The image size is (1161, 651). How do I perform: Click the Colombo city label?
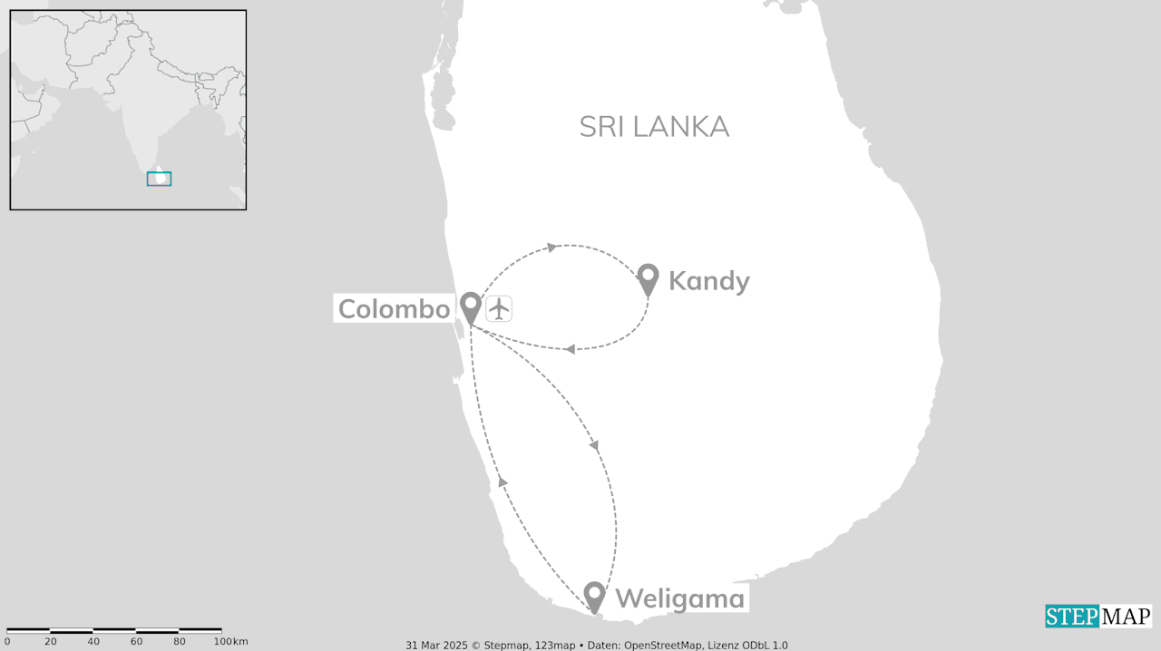(394, 309)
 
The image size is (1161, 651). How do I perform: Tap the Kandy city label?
(708, 281)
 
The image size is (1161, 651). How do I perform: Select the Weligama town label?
(679, 598)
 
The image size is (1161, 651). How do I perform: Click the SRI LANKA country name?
(654, 127)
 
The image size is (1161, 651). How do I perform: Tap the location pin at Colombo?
(470, 306)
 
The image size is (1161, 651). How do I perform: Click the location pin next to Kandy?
(648, 278)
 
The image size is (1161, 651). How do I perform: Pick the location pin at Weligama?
(594, 596)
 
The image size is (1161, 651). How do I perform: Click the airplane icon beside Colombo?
(499, 309)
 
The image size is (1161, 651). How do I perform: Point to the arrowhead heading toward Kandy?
(550, 247)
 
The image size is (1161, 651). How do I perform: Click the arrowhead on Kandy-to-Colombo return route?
(569, 349)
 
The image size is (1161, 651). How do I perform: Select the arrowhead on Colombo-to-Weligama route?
(594, 445)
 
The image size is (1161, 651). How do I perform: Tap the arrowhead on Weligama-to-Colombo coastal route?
(502, 481)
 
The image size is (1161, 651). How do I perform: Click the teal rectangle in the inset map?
(159, 179)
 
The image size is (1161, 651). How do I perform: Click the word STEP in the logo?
(1071, 617)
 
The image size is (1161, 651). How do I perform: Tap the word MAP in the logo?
(1125, 617)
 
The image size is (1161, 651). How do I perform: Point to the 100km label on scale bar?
(230, 642)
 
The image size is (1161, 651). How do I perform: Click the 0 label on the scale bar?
(7, 642)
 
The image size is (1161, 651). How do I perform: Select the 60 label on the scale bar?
(136, 642)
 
